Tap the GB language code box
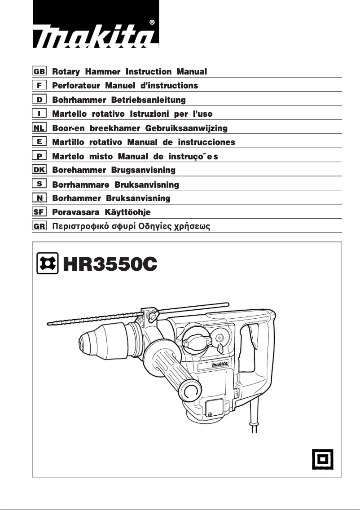[x=40, y=71]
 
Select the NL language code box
[x=40, y=128]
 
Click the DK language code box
[x=40, y=170]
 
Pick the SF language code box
[x=40, y=212]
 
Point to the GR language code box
[x=40, y=226]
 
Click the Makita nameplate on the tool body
[x=220, y=365]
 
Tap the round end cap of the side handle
[x=190, y=390]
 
